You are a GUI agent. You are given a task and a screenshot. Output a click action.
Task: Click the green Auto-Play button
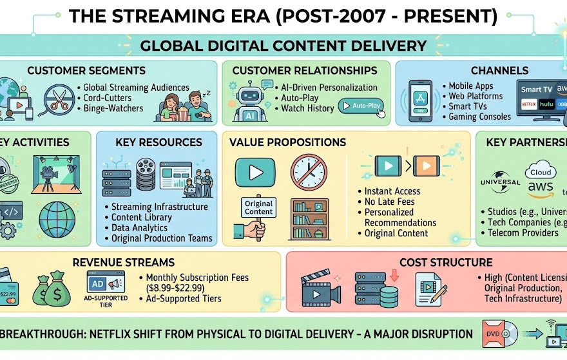coord(360,106)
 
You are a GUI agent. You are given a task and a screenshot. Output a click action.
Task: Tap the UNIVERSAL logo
coord(500,183)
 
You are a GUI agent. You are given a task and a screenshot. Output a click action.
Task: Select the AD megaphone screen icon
coord(104,283)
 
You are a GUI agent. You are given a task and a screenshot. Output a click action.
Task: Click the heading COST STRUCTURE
coord(446,262)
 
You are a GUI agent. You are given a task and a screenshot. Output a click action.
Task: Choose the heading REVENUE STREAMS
coord(123,262)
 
